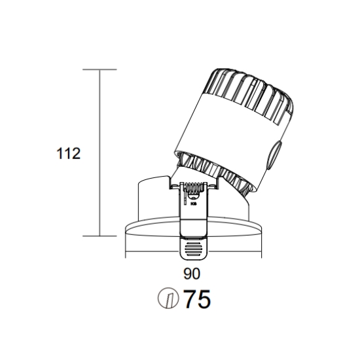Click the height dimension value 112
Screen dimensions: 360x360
pyautogui.click(x=69, y=154)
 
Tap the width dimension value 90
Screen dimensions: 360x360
pyautogui.click(x=192, y=274)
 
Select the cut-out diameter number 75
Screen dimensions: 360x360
pyautogui.click(x=198, y=299)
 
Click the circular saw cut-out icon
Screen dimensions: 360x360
pyautogui.click(x=168, y=298)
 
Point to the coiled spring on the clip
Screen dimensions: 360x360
pyautogui.click(x=194, y=188)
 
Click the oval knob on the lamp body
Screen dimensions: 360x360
pyautogui.click(x=275, y=155)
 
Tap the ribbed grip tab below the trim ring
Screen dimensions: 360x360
pyautogui.click(x=194, y=249)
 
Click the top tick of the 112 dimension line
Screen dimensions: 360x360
pyautogui.click(x=99, y=69)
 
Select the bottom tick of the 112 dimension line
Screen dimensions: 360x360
pyautogui.click(x=99, y=236)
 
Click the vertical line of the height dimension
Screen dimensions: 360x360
pyautogui.click(x=99, y=153)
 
